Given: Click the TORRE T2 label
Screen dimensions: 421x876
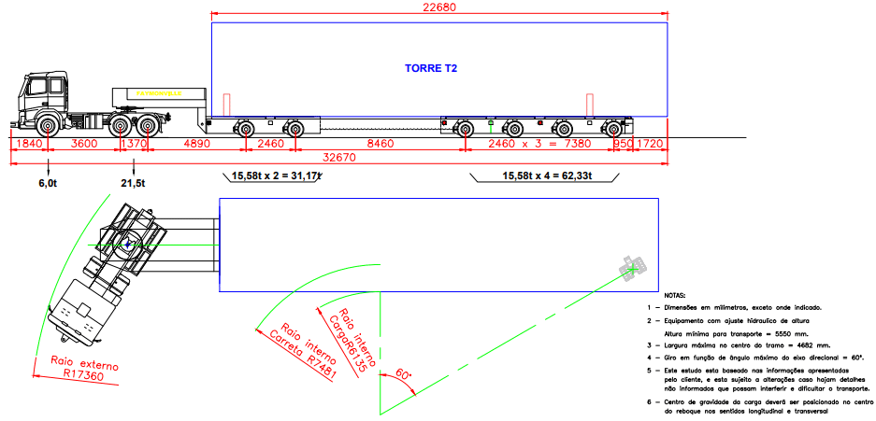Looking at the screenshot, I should tap(431, 68).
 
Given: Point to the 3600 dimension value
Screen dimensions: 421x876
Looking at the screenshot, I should tap(84, 144).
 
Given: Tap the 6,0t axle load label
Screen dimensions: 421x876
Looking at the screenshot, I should tap(48, 184).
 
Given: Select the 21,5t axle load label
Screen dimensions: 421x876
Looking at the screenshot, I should tap(134, 184).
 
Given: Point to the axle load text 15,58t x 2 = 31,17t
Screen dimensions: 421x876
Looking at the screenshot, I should tap(277, 175).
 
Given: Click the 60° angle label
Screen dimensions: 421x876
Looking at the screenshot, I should tap(403, 374).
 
